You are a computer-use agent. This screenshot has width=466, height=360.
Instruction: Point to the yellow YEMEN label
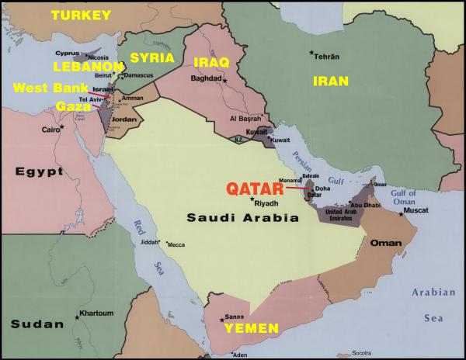251,329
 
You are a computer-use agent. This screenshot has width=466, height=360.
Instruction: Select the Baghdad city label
206,78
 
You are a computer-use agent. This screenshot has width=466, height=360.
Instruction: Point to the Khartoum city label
96,313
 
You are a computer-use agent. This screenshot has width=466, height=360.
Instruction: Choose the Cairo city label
51,130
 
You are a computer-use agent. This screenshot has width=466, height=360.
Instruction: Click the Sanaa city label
235,316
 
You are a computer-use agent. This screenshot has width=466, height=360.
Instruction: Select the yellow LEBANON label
88,67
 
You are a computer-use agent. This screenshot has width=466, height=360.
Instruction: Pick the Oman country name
385,242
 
